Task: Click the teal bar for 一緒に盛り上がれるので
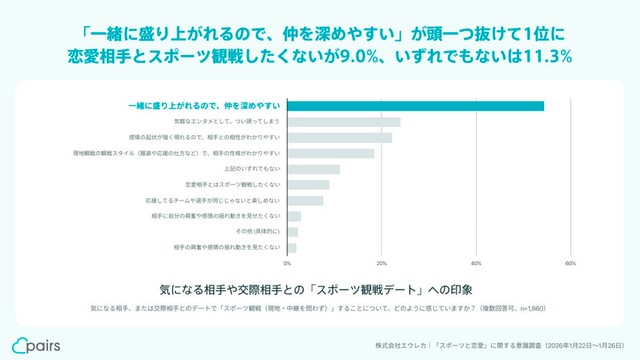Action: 415,106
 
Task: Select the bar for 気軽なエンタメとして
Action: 343,122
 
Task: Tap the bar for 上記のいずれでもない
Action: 313,169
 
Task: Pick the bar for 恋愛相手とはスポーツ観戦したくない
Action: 308,184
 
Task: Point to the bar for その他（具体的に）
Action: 292,231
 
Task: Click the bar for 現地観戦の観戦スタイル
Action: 330,153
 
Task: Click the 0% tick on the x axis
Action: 288,263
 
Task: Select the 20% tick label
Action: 382,263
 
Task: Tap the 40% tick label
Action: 476,263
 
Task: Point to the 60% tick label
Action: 570,263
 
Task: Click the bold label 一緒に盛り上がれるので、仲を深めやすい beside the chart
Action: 206,106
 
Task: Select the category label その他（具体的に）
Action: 263,231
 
